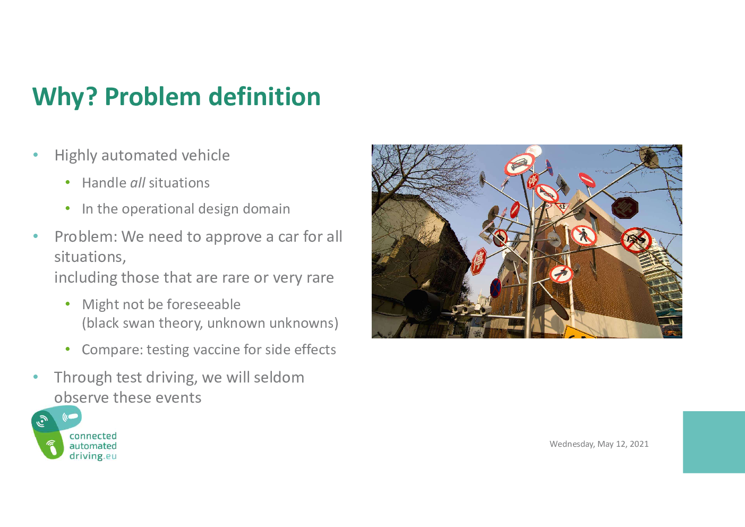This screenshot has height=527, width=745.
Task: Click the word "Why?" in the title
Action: [65, 97]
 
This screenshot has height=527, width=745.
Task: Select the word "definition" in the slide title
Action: [264, 97]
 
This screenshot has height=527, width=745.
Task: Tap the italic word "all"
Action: [138, 183]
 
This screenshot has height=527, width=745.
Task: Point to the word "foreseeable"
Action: [203, 304]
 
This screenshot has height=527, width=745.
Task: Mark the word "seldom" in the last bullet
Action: [279, 377]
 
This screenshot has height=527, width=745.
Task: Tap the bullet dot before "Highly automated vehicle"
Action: [36, 155]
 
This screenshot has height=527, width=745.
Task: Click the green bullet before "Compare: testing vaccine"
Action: [68, 349]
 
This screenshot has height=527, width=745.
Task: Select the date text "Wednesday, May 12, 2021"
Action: [599, 444]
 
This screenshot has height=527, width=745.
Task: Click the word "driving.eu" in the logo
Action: [93, 456]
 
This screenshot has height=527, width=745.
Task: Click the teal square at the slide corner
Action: [714, 442]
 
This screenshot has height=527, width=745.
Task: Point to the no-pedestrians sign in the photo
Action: [584, 235]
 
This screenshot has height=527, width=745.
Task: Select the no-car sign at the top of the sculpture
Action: [519, 164]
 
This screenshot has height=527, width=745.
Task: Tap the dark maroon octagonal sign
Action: [625, 208]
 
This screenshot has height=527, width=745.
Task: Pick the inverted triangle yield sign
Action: [563, 208]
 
